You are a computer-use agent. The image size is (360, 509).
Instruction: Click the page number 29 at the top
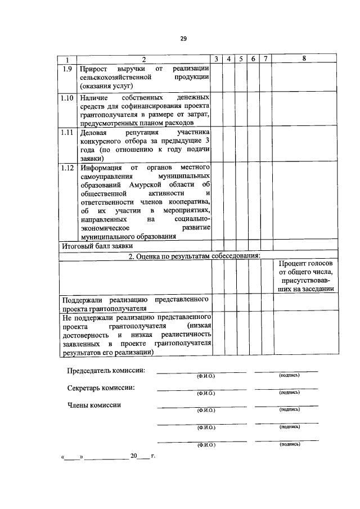click(x=183, y=39)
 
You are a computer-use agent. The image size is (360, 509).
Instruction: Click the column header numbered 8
click(x=304, y=58)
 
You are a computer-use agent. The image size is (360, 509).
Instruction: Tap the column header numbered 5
click(x=241, y=59)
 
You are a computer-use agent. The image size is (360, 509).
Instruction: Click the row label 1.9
click(x=67, y=68)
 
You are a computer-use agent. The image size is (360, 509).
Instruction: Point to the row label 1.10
click(x=67, y=98)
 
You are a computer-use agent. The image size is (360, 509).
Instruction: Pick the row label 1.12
click(x=67, y=168)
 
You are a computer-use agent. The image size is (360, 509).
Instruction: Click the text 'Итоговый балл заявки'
click(x=97, y=246)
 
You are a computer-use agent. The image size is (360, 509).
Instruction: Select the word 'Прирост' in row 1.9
click(x=93, y=68)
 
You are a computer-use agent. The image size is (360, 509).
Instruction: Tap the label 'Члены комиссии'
click(x=94, y=406)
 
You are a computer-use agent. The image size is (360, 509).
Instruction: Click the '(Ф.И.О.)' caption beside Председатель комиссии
click(x=206, y=375)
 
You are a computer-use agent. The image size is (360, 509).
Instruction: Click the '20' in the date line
click(x=134, y=456)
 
